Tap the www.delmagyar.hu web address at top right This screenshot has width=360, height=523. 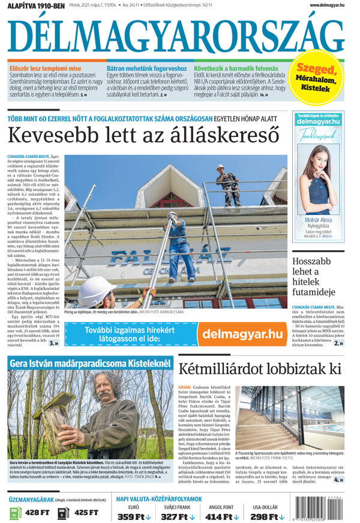click(327, 5)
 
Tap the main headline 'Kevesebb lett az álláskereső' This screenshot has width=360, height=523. click(144, 133)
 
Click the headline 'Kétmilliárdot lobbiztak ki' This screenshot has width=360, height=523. click(259, 368)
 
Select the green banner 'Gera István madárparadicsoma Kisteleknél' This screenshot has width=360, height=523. click(90, 363)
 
